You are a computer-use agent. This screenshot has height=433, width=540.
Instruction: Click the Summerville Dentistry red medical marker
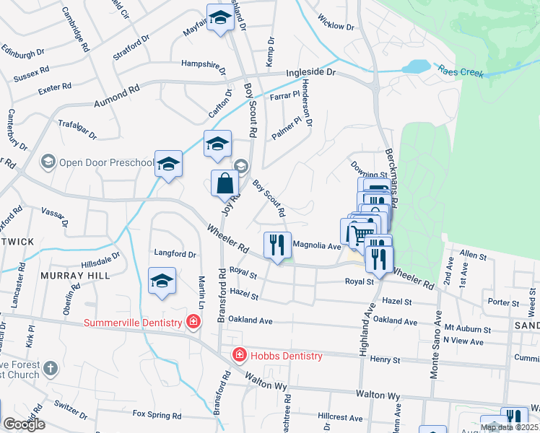(x=193, y=322)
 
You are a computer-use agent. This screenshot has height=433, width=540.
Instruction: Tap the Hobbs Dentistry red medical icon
(x=238, y=355)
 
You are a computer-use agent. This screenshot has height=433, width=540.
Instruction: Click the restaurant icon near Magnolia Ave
(x=277, y=245)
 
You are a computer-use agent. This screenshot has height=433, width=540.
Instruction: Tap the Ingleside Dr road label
(x=311, y=73)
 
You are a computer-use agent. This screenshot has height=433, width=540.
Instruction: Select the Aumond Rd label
(x=116, y=97)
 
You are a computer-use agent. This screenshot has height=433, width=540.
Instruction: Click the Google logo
(x=24, y=424)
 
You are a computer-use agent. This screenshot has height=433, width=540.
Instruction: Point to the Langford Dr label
(x=175, y=254)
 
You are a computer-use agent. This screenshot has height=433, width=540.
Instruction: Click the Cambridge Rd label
(x=76, y=28)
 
